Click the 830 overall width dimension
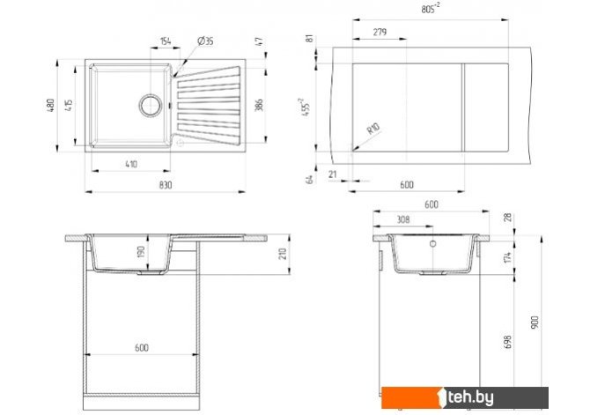[x=166, y=185]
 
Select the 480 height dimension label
[x=51, y=105]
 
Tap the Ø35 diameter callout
[x=205, y=41]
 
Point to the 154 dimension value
[x=166, y=41]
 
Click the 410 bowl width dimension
[x=131, y=164]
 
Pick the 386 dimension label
[x=259, y=105]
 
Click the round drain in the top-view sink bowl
[x=151, y=105]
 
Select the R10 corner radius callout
[x=373, y=129]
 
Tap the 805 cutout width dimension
[x=431, y=8]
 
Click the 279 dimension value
[x=380, y=32]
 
